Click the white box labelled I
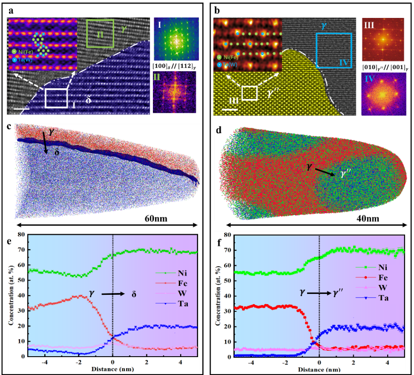pyautogui.click(x=56, y=98)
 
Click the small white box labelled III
pyautogui.click(x=249, y=93)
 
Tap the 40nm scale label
pyautogui.click(x=368, y=219)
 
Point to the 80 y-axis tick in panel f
pyautogui.click(x=227, y=235)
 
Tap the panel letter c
pyautogui.click(x=9, y=126)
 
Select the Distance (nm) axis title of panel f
pyautogui.click(x=319, y=369)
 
